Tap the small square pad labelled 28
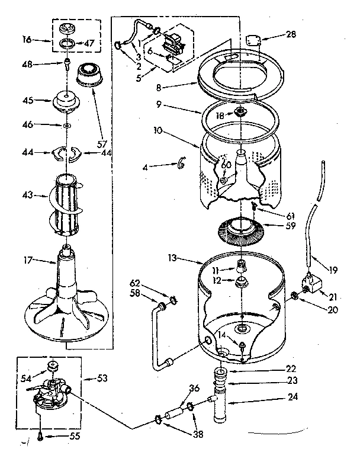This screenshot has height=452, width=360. (254, 40)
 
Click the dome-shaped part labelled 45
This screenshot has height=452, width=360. (66, 101)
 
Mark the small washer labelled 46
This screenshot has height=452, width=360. (67, 126)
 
